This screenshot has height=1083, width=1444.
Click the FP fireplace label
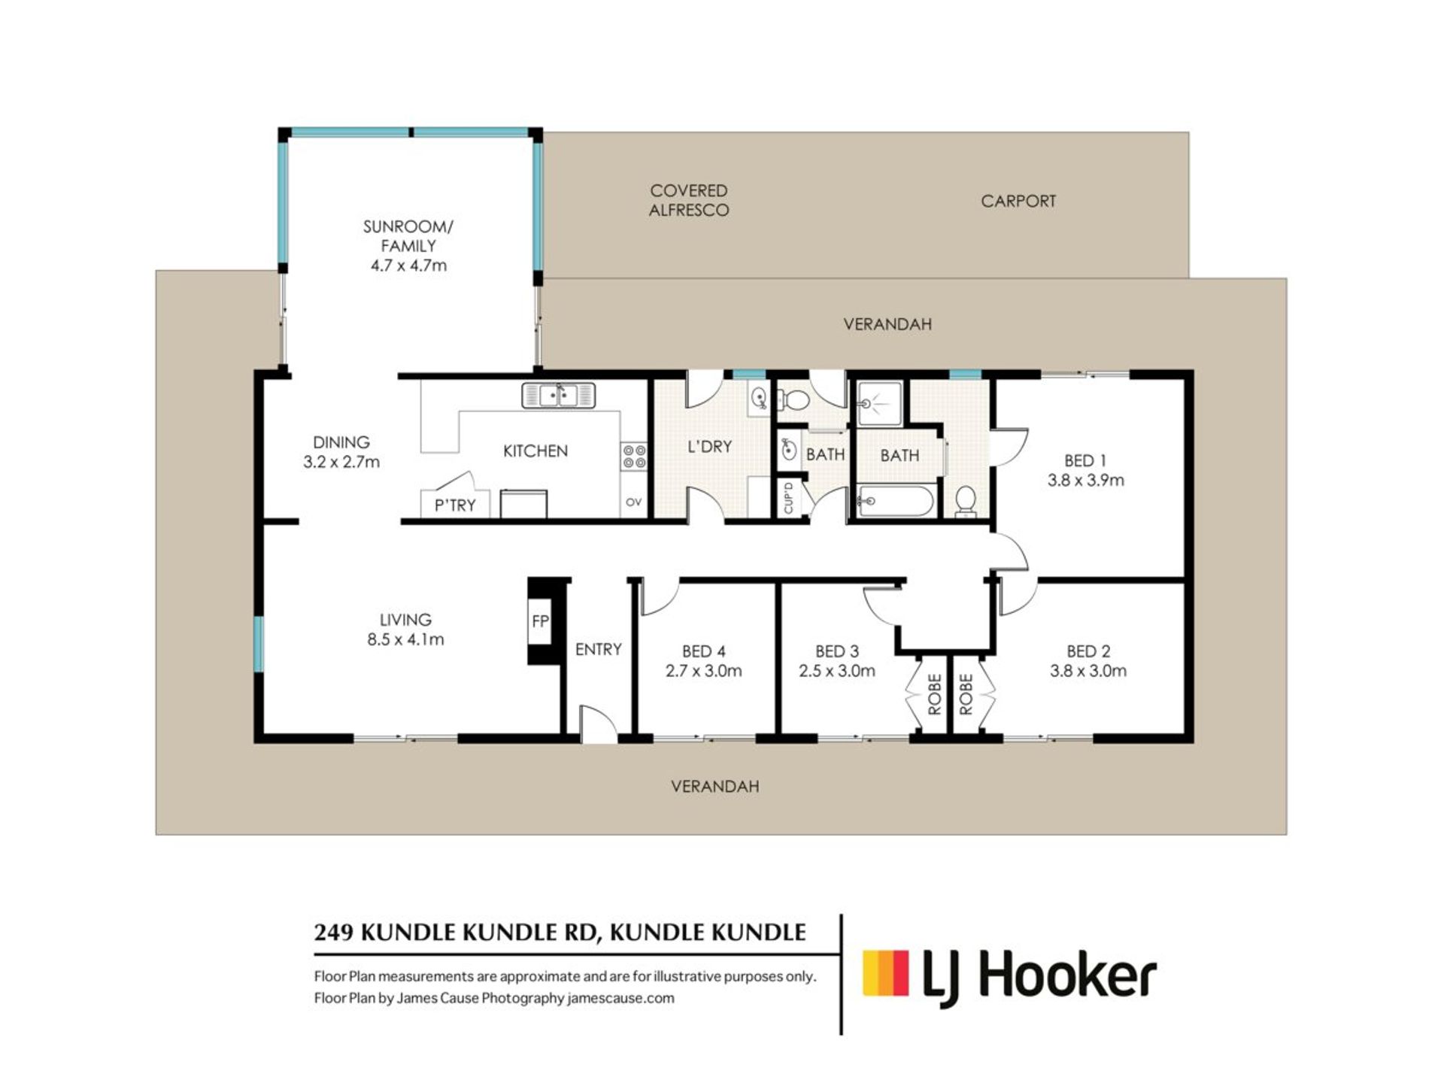[x=540, y=621]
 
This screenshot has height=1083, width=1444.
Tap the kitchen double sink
[x=558, y=395]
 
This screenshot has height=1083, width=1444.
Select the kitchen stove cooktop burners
[x=634, y=456]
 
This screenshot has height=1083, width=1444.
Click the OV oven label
[x=633, y=502]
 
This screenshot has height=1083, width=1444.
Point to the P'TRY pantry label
[x=455, y=505]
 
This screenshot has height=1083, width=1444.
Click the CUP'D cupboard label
[x=788, y=498]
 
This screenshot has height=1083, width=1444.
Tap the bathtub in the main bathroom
[x=896, y=501]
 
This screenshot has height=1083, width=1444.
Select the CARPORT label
[x=1018, y=201]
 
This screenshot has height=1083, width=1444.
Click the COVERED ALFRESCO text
[x=689, y=201]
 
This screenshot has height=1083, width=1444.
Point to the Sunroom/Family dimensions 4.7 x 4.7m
[x=408, y=265]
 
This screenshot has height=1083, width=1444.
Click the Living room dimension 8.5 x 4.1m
[x=405, y=640]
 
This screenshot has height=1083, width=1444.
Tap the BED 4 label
[x=703, y=651]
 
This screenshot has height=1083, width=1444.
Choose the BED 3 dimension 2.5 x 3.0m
[x=837, y=671]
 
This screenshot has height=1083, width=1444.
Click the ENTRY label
[x=599, y=649]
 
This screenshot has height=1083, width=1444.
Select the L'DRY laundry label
[x=710, y=447]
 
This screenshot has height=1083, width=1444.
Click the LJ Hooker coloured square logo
[x=886, y=972]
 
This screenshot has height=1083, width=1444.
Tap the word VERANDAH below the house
[x=714, y=787]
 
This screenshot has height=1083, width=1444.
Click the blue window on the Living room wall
[x=258, y=644]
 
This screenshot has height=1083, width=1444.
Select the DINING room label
[x=341, y=442]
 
